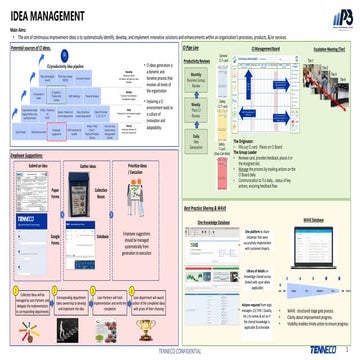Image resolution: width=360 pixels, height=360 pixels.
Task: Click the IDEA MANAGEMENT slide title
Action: [48, 16]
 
